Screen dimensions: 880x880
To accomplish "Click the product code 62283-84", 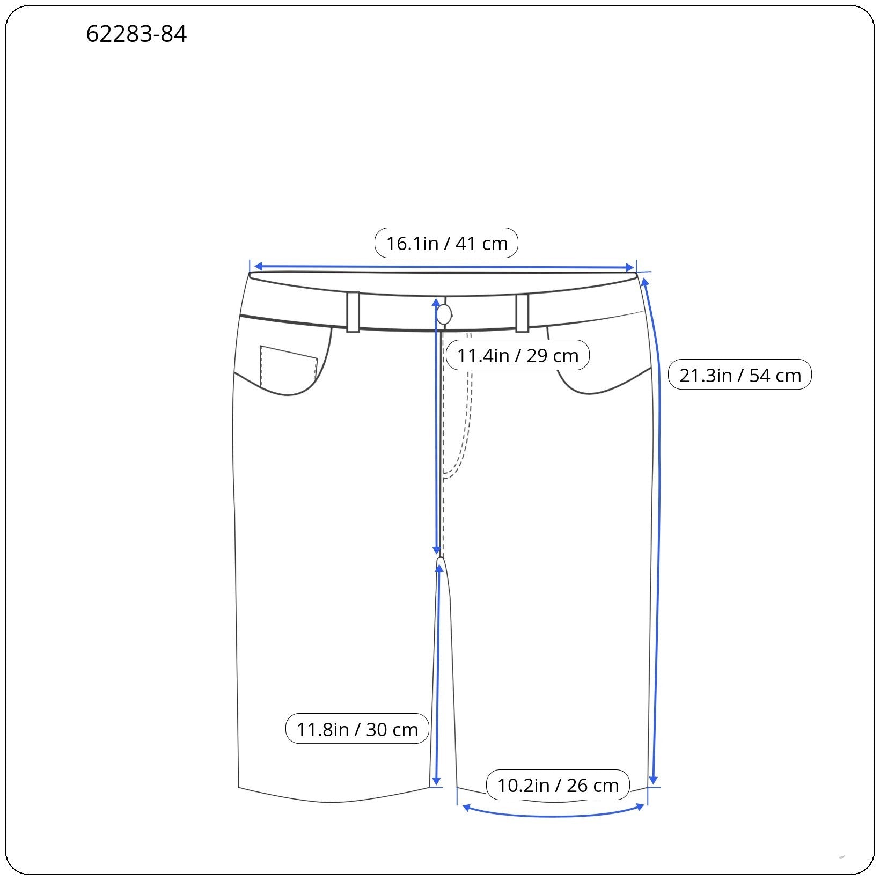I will coord(136,34).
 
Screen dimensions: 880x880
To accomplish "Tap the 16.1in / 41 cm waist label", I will coord(446,243).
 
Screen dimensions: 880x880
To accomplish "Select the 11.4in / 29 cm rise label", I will coord(517,355).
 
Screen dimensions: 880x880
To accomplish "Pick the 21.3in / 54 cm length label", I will coord(739,375).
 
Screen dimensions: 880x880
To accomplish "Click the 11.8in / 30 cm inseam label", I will coord(357,729).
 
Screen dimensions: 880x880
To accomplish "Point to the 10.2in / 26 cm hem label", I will coord(558,784).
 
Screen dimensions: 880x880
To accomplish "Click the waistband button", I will coord(444,314).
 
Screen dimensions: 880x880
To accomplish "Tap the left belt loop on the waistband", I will coord(353,312).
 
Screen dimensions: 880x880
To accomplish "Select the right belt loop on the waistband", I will coord(522,313).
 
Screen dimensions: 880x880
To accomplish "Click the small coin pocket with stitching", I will coord(288,366).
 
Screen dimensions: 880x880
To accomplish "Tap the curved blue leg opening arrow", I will coord(553,814).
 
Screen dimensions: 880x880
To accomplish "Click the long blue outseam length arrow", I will coord(657,531).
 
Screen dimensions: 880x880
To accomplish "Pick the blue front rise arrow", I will coord(436,429).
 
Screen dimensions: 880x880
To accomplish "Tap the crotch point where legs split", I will coord(441,560).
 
